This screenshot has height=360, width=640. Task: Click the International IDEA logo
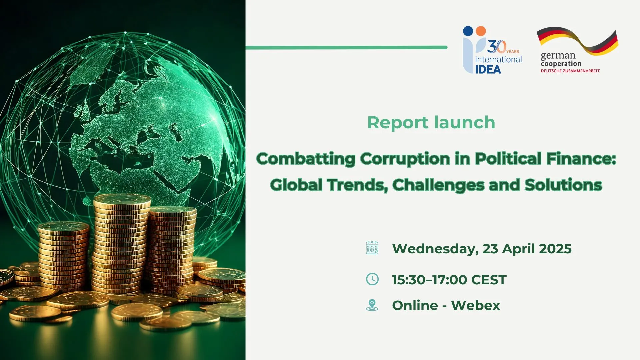pos(492,50)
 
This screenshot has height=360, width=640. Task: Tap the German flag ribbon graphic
pos(577,41)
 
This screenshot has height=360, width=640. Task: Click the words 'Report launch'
pos(431,122)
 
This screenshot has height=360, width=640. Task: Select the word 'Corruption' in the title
pos(405,159)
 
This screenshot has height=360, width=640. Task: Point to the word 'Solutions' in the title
pos(563,185)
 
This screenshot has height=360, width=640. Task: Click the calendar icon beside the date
pos(372,248)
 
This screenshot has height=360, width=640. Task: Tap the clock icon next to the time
pos(372,279)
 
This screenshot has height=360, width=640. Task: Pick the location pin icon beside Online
pos(372,305)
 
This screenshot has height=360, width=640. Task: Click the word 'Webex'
pos(476,305)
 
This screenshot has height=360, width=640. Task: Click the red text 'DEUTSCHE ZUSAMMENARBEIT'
pos(570,71)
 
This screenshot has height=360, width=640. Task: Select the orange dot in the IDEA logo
pos(481,31)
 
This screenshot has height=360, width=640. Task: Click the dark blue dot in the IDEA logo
pos(468,31)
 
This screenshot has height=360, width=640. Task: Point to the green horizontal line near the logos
pos(346,48)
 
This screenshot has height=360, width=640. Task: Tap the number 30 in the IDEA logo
pos(497,47)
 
